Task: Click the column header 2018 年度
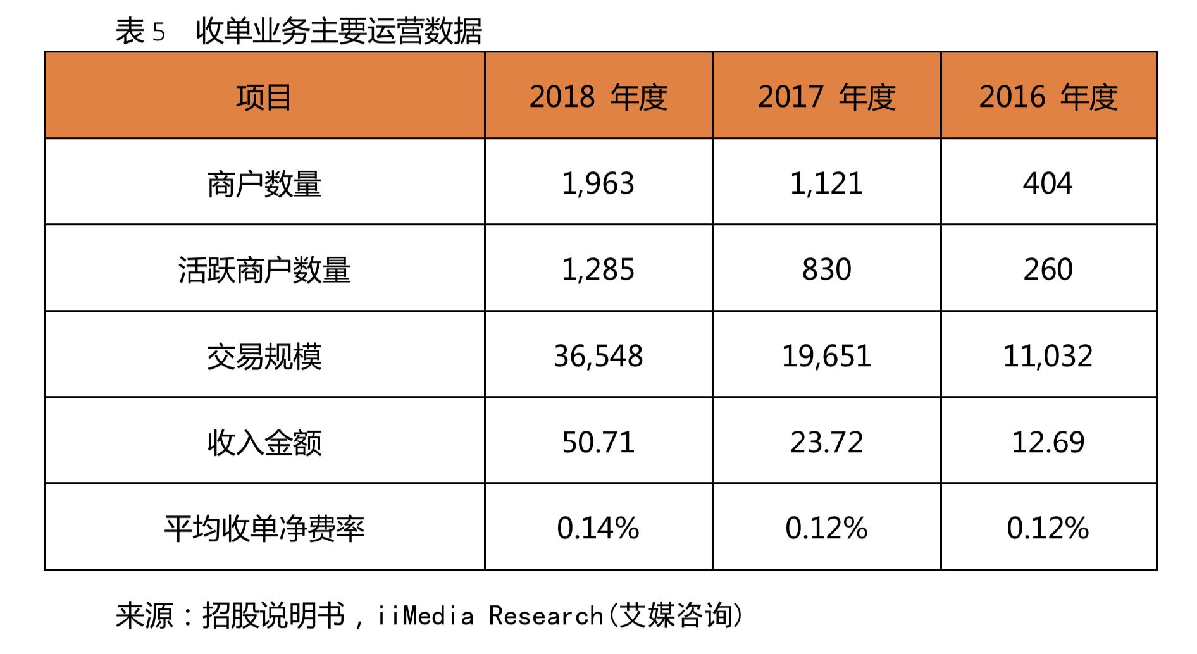pos(598,97)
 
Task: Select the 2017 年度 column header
pos(826,97)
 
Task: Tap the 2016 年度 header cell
pos(1048,97)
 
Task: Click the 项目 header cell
pos(264,97)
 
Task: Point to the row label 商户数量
pos(264,183)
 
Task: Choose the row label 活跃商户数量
pos(264,270)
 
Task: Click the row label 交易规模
pos(264,356)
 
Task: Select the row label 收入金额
pos(264,442)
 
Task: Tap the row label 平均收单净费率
pos(264,528)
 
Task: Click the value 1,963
pos(598,183)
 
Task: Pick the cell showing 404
pos(1048,183)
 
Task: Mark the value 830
pos(826,270)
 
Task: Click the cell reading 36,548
pos(598,356)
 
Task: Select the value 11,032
pos(1048,356)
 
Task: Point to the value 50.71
pos(598,442)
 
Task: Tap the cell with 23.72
pos(826,442)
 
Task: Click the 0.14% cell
pos(598,528)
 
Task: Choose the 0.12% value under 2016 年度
pos(1048,528)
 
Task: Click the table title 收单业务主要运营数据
pos(339,30)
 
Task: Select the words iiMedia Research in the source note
pos(490,615)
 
